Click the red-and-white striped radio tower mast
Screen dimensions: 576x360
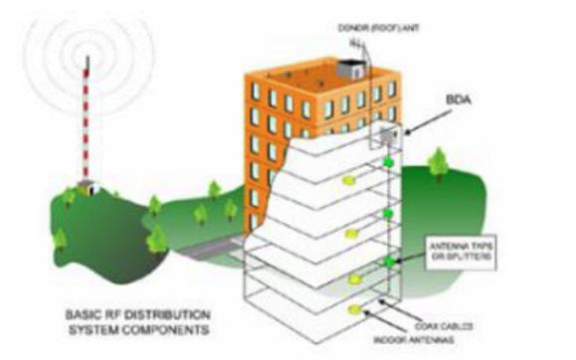(90, 119)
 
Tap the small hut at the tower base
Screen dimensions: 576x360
(91, 187)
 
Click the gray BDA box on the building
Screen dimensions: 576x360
(385, 133)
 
